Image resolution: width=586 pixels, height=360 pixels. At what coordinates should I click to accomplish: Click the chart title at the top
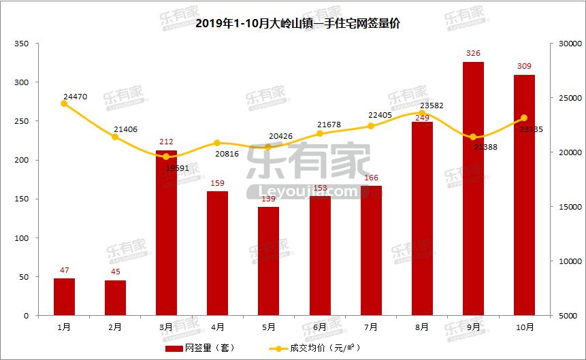tap(293, 23)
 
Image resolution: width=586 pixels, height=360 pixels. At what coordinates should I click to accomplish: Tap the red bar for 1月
tap(64, 297)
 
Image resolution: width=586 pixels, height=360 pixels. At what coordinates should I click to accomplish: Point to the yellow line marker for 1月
tap(64, 103)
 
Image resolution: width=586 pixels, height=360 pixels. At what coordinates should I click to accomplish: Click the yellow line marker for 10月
tap(524, 118)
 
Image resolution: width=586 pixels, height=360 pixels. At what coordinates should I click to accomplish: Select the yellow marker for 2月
tap(115, 137)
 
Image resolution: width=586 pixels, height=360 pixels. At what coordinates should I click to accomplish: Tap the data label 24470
tap(75, 96)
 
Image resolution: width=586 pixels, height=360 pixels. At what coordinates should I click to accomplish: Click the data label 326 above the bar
tap(473, 52)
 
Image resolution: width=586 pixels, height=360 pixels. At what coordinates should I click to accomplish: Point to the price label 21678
tap(329, 125)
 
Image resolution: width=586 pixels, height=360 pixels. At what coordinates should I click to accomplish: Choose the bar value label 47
tap(64, 270)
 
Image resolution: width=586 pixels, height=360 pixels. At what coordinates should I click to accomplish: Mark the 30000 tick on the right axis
tap(566, 44)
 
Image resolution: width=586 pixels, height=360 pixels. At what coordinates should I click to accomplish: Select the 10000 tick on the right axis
tap(566, 261)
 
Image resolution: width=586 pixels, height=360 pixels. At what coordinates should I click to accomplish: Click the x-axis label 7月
tap(371, 327)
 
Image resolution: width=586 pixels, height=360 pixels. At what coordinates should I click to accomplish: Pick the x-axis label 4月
tap(218, 327)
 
